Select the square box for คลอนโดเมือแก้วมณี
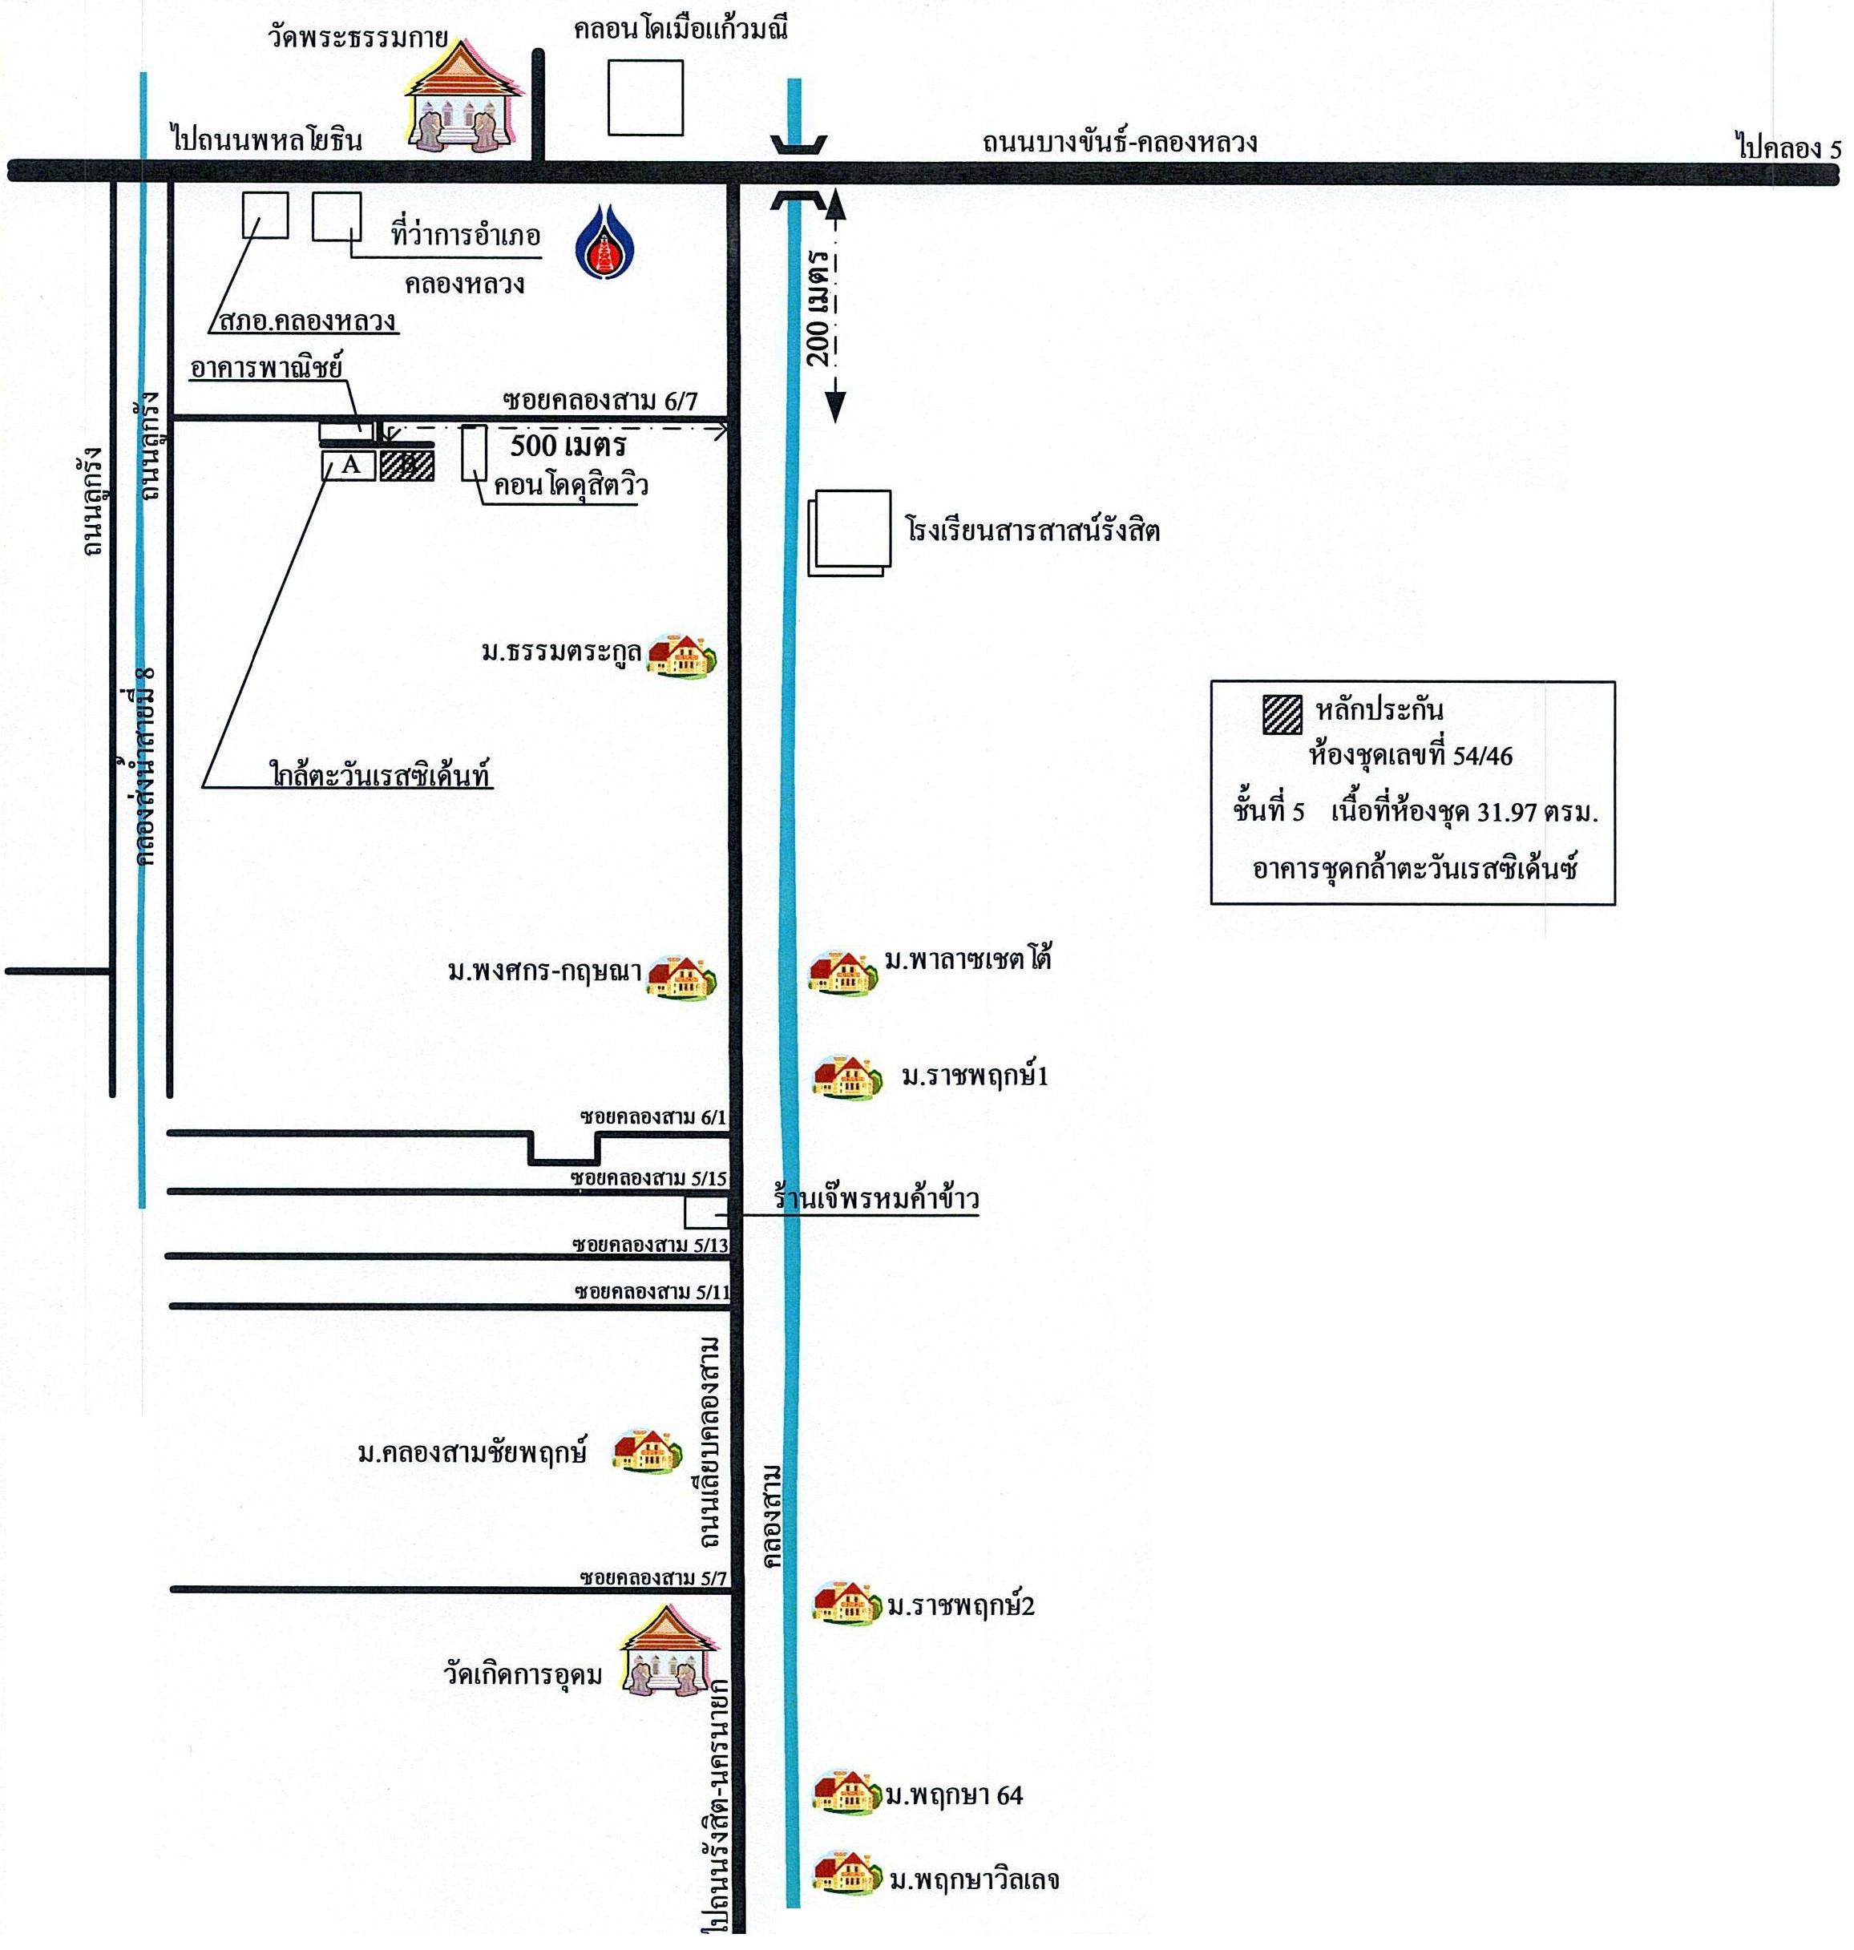[645, 97]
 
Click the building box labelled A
[349, 466]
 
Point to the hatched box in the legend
[1282, 713]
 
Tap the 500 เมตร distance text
[568, 446]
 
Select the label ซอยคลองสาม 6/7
[600, 400]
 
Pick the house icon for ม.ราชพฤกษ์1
[846, 1077]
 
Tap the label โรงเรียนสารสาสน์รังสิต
[1032, 531]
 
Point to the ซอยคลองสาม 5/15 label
[649, 1178]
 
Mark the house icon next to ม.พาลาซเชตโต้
[842, 971]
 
